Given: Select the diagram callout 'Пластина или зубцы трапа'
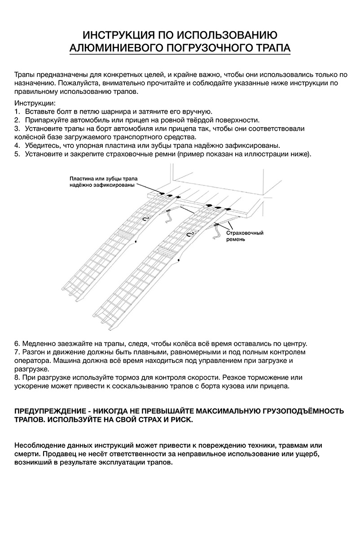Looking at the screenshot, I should [x=102, y=178].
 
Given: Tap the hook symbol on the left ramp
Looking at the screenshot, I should [x=145, y=219].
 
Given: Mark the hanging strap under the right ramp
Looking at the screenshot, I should [x=219, y=234].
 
